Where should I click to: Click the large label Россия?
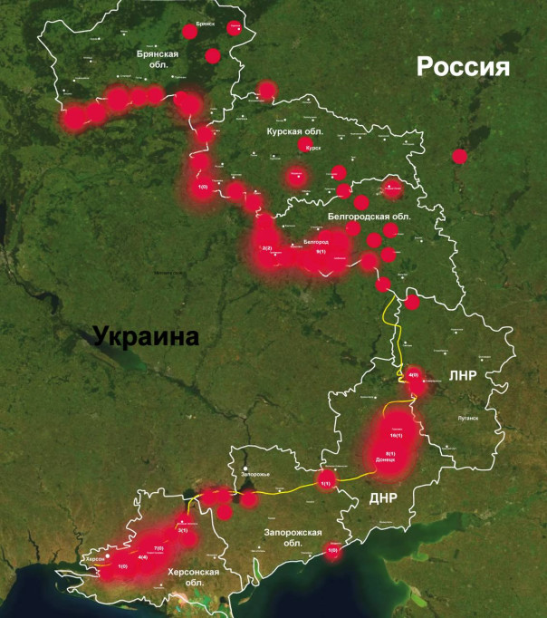pos(463,67)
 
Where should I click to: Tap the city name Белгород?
pos(316,242)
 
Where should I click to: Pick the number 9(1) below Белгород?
pos(321,252)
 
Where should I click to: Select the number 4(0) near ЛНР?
pos(414,374)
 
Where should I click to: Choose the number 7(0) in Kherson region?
pos(158,548)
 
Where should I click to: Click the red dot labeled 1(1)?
pos(327,484)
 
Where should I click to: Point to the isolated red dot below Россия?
pos(459,156)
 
